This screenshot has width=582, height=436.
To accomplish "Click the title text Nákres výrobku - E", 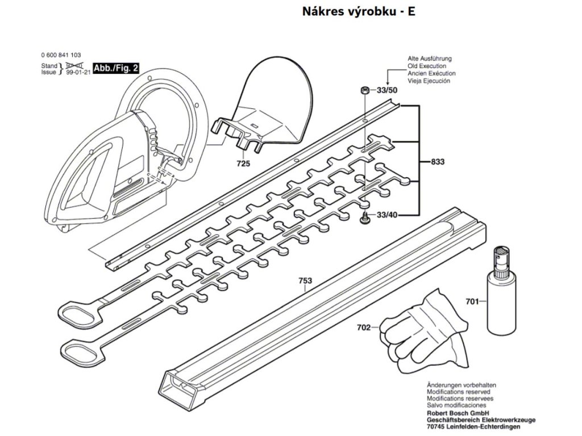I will click(x=358, y=12).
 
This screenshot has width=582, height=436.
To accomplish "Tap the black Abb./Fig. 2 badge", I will click(x=115, y=69).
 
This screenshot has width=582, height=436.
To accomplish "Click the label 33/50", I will click(x=387, y=90).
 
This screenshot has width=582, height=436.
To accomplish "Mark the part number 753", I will click(x=305, y=280).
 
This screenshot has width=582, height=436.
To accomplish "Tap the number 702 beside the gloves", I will click(x=364, y=327).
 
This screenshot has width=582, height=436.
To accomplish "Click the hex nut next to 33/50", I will click(x=364, y=90).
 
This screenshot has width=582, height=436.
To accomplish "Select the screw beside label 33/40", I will click(x=364, y=217).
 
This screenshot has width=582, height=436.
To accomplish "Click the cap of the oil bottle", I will click(x=501, y=258).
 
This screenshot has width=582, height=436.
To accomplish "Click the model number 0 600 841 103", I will click(x=61, y=56).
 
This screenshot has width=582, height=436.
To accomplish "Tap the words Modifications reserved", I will click(x=458, y=392).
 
